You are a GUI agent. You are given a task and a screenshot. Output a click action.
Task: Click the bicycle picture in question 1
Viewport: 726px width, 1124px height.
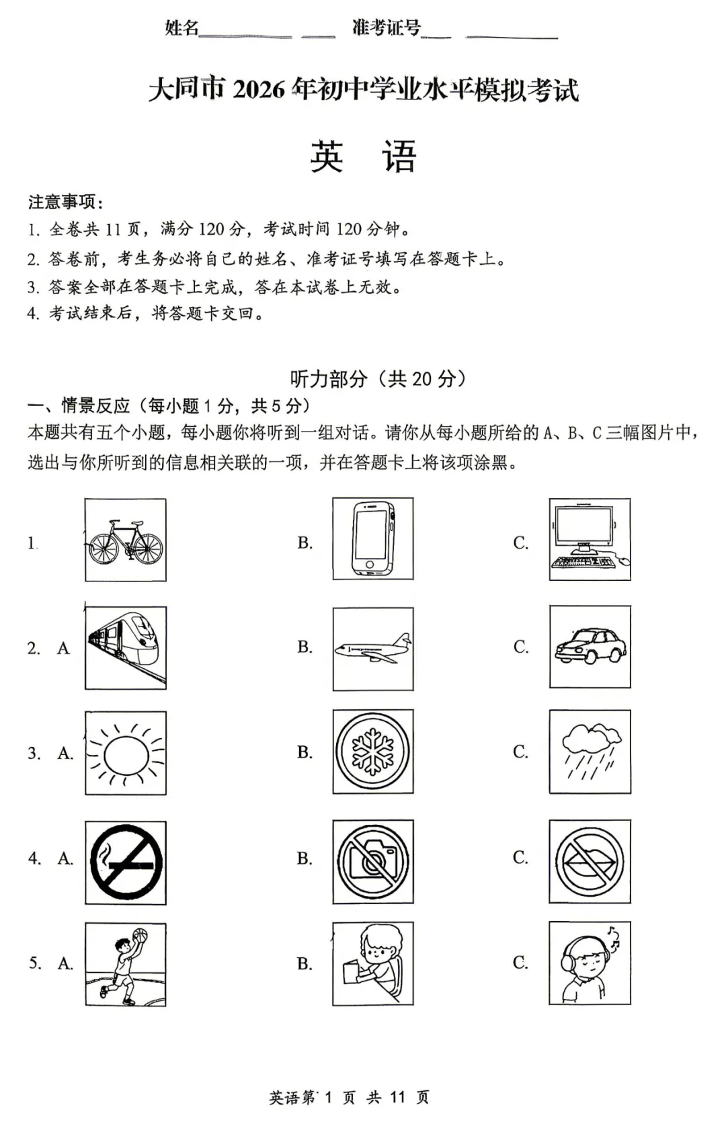(126, 540)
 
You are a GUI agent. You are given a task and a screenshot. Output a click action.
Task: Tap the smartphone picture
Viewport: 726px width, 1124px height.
(373, 539)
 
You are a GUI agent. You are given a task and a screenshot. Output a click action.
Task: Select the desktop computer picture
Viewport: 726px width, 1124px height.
(590, 539)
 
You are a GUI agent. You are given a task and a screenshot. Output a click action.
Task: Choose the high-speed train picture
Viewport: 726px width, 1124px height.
(126, 647)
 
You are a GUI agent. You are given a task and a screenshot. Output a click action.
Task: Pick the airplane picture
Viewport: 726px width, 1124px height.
(373, 649)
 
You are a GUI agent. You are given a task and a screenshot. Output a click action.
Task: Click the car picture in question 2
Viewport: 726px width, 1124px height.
(590, 647)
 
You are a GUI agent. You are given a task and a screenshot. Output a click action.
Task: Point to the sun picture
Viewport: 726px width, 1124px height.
(126, 753)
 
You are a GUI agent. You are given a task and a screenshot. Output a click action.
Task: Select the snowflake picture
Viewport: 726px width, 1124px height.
(373, 752)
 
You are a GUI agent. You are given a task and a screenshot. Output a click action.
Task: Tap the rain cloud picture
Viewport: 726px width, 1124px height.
(590, 752)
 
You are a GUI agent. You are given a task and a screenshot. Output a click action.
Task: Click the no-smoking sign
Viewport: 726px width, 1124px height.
(126, 862)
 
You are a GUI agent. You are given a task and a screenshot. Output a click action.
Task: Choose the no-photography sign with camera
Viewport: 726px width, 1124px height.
(373, 861)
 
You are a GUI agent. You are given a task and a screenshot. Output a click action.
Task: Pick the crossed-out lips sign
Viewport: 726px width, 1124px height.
(590, 861)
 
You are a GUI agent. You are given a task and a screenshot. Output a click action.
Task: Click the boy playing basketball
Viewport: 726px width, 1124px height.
(126, 964)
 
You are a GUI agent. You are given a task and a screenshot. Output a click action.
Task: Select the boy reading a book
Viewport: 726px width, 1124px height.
(373, 963)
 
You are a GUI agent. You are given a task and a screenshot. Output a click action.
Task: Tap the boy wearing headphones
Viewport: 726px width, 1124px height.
(590, 963)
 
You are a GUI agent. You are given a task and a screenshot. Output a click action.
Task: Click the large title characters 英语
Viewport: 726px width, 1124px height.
(363, 157)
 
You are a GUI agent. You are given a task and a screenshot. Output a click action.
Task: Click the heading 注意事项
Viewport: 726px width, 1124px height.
(65, 202)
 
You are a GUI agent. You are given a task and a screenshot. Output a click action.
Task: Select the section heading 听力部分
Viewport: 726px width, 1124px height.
(329, 378)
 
